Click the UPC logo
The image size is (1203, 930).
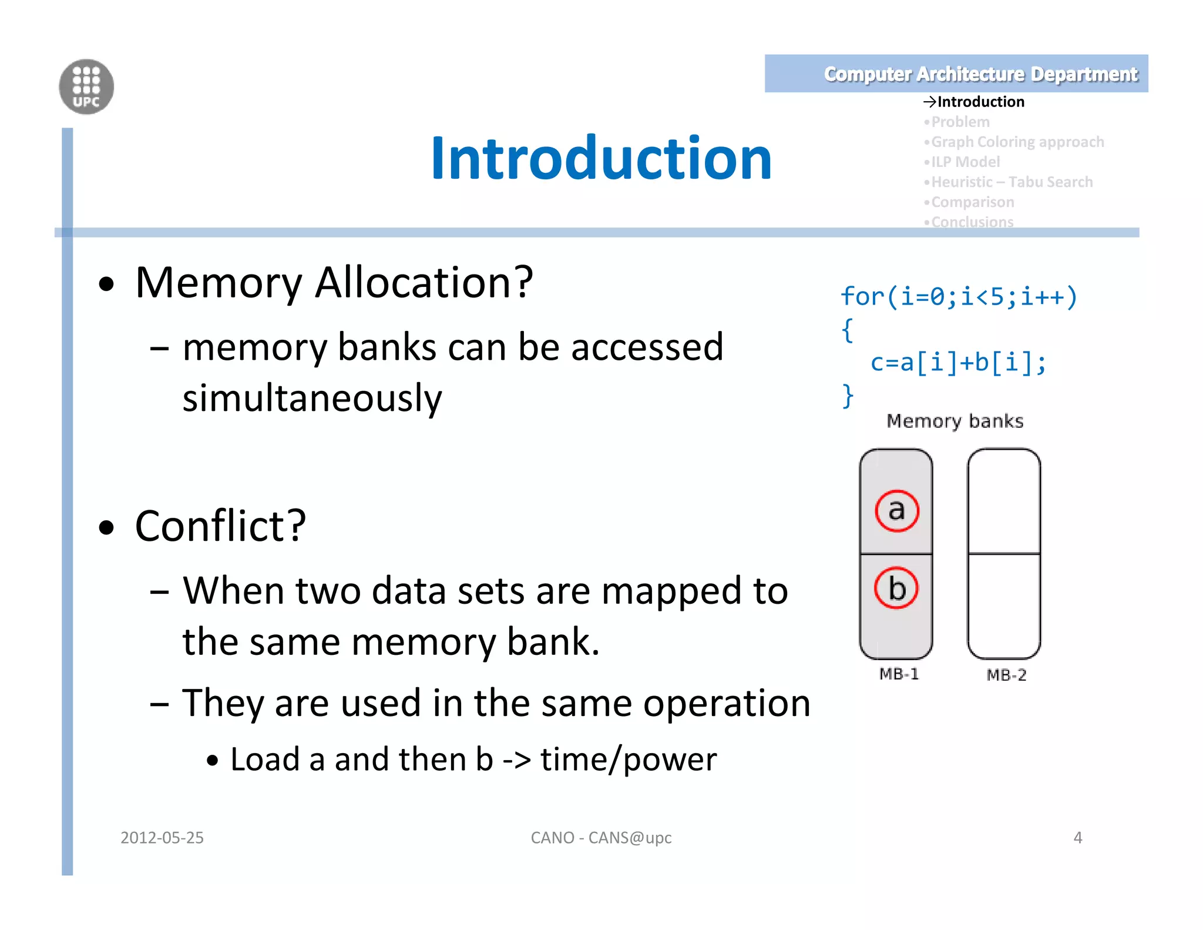(86, 87)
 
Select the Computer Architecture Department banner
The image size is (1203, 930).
(956, 74)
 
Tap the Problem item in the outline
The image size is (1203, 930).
(960, 122)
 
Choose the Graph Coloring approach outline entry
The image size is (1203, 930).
(1017, 142)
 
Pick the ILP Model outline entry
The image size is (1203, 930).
(965, 162)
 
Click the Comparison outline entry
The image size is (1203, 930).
(972, 202)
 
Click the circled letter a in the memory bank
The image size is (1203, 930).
(896, 510)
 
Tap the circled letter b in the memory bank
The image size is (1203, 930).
(896, 588)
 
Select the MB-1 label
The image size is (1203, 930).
(899, 674)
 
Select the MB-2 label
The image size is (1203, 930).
(1006, 675)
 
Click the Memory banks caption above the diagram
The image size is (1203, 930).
(955, 421)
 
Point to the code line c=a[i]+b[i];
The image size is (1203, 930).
(958, 362)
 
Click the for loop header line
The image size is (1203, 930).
(959, 296)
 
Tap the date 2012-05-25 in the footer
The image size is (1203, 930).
(162, 837)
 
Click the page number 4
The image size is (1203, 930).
(1077, 837)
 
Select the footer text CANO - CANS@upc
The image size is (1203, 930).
(601, 837)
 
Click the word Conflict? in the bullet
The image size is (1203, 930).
(220, 526)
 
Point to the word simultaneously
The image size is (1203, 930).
(312, 399)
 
